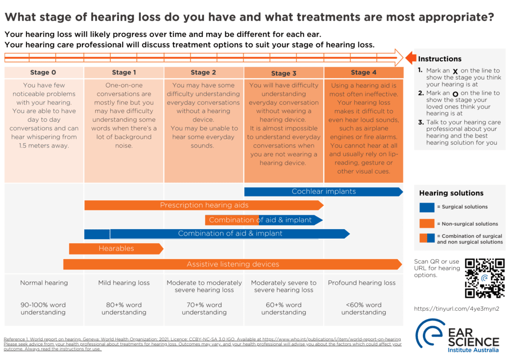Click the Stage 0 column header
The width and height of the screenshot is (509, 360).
coord(43,73)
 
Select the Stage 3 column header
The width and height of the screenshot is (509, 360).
coord(283,73)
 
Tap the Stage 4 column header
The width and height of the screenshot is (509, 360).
coord(363,73)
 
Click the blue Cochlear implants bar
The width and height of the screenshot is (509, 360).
coord(323,191)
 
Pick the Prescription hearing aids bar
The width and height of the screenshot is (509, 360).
coord(204,205)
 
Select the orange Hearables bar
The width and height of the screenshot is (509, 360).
coord(116,249)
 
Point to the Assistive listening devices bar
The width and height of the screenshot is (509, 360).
coord(233,265)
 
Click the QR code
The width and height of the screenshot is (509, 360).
coord(485,278)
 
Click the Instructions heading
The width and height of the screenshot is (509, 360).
coord(439,59)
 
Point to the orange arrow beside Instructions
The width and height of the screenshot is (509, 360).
coord(411,58)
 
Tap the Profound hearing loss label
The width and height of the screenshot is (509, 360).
coord(362,283)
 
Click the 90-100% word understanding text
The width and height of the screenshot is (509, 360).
coord(43,309)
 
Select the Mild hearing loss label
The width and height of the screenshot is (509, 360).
coord(124,283)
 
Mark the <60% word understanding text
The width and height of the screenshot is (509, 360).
coord(363,309)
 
